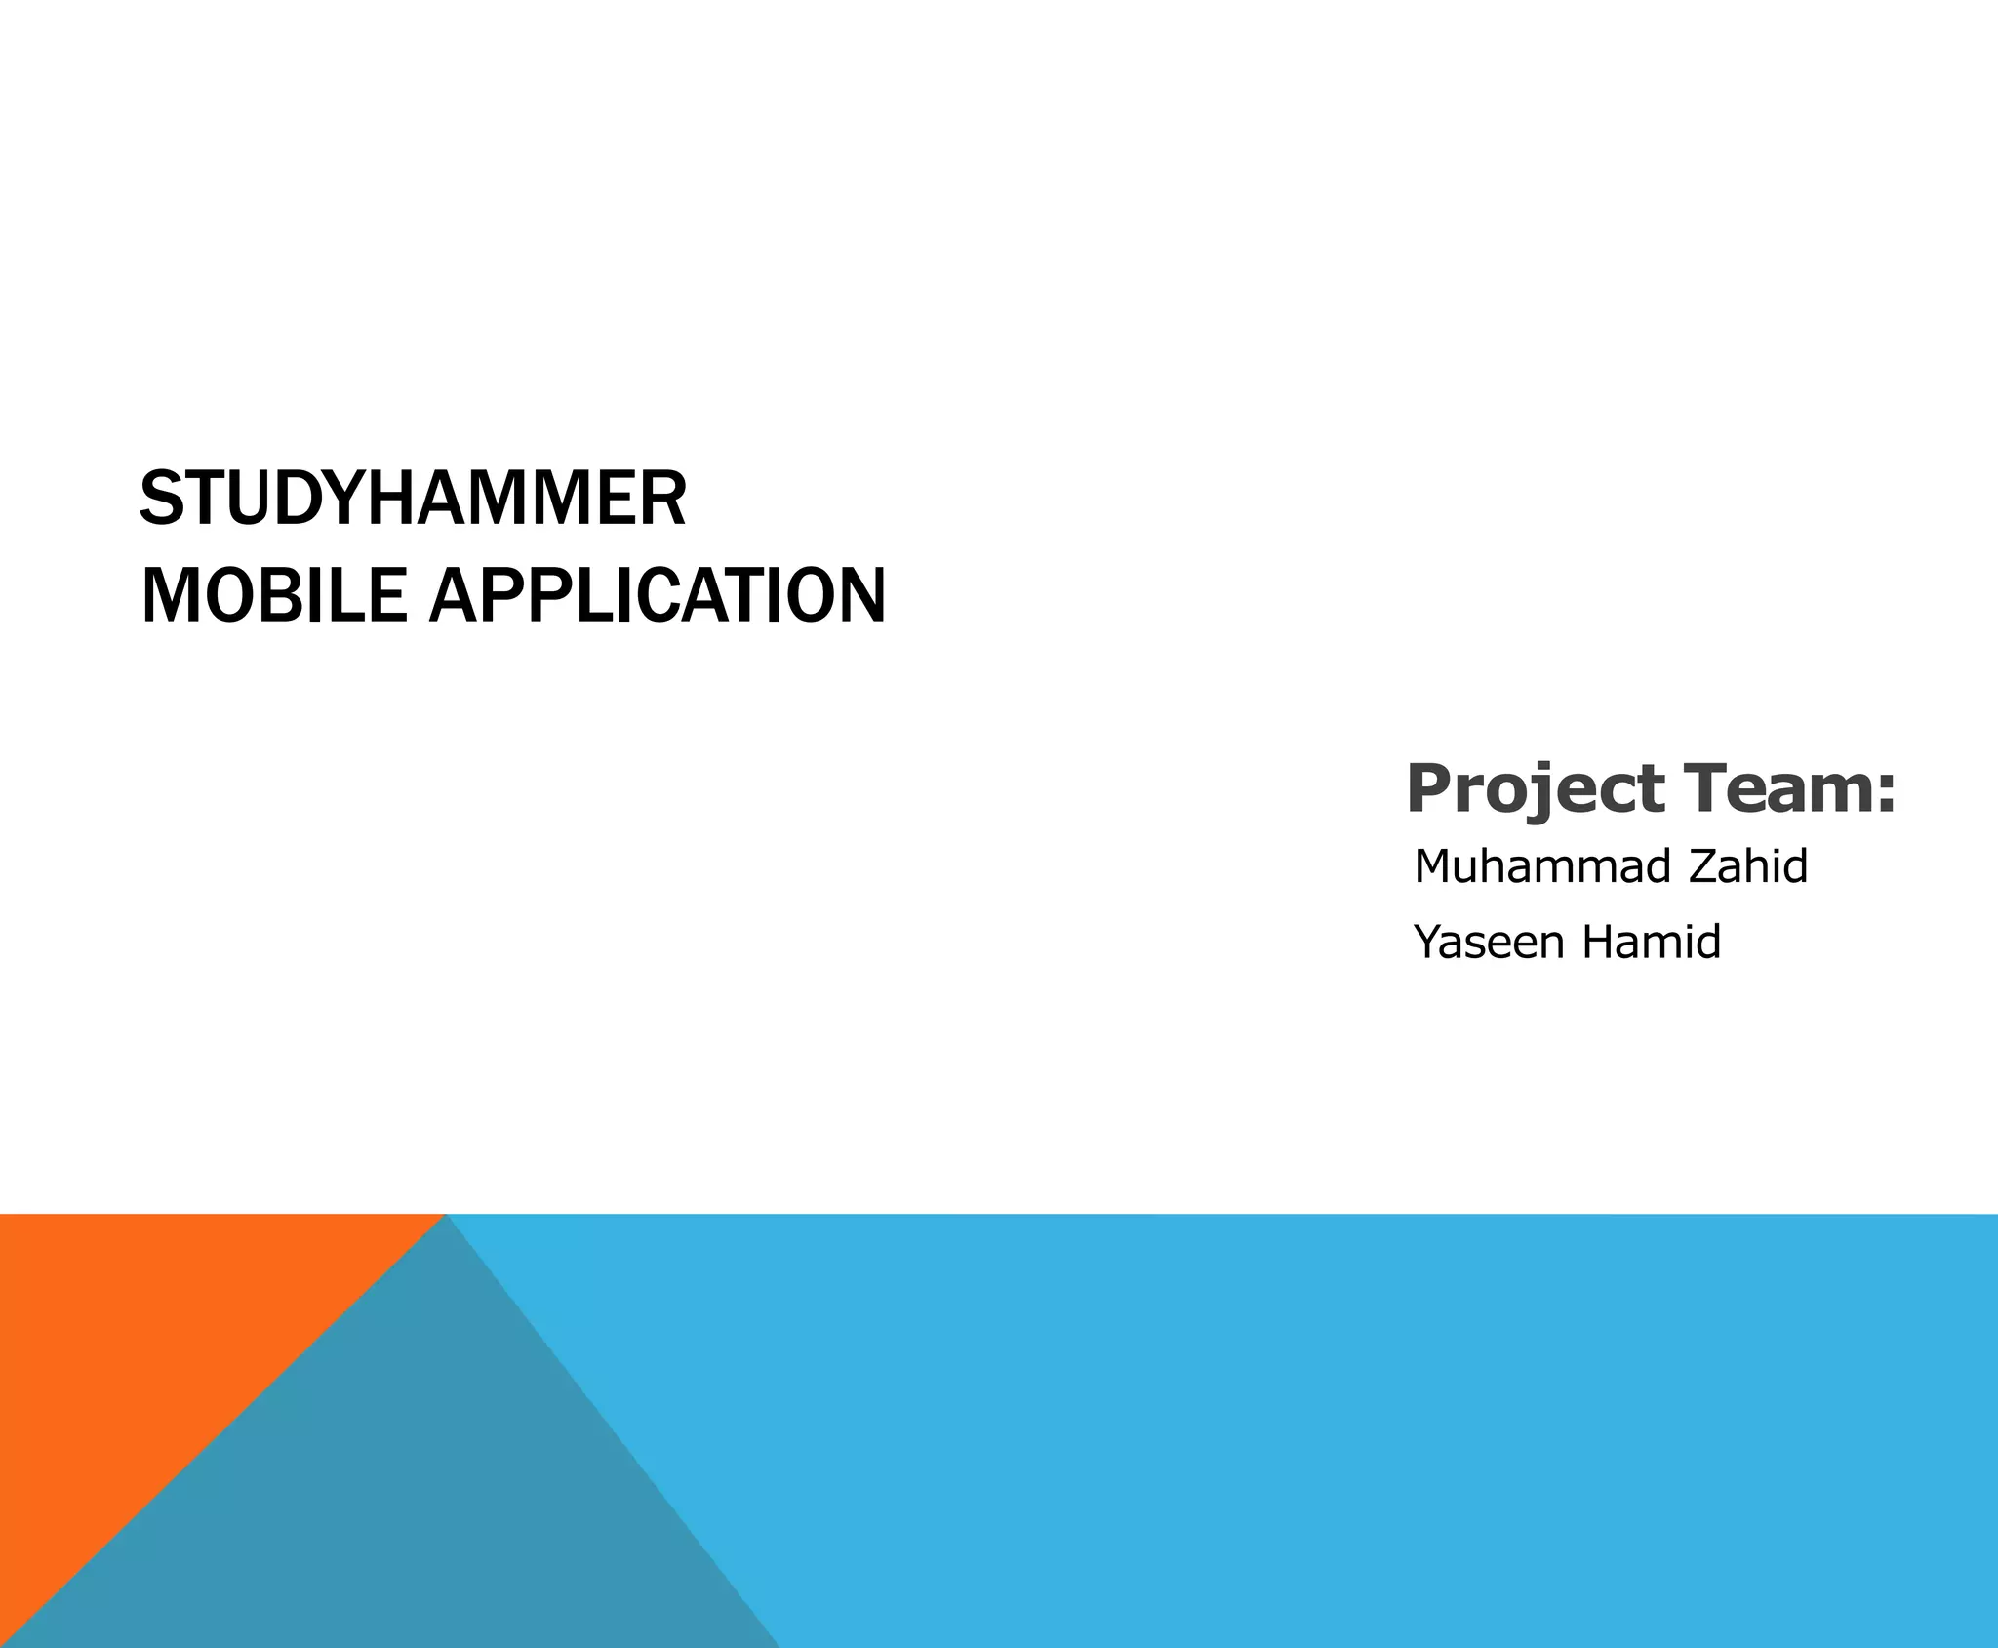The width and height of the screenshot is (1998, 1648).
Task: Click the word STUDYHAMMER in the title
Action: click(413, 499)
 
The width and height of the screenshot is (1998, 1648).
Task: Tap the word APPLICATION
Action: click(658, 595)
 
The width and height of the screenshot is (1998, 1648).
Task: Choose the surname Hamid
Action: click(1651, 943)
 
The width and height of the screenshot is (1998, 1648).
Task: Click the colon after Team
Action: click(1886, 792)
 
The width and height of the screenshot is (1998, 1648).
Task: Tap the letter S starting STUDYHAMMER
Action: click(162, 499)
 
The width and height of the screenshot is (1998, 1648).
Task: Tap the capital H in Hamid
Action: click(1599, 943)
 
